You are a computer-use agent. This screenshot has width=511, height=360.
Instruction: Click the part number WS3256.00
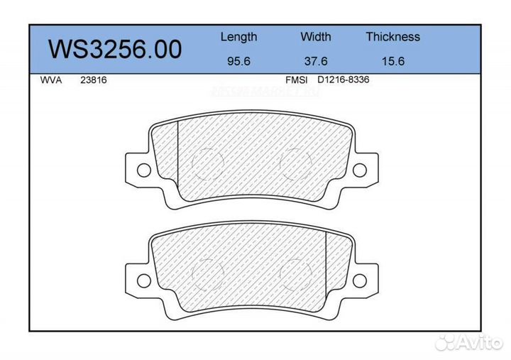114,49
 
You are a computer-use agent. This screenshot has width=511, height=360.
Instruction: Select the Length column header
238,37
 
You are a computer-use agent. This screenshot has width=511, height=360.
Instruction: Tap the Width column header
315,37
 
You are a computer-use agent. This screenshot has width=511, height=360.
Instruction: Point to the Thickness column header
392,37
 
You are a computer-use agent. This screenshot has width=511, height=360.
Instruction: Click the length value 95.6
238,61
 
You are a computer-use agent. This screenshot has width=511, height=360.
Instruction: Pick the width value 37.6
315,61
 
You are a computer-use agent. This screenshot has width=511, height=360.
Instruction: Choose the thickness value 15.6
392,61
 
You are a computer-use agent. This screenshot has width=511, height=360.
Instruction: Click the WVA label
52,80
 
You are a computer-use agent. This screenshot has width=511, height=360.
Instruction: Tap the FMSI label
296,80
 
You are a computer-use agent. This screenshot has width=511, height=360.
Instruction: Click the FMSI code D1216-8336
343,80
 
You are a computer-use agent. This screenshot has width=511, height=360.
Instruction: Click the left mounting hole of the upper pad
143,170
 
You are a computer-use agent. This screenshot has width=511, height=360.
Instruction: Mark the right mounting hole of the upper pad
360,170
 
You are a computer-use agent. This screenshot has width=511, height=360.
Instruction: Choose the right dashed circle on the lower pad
296,272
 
